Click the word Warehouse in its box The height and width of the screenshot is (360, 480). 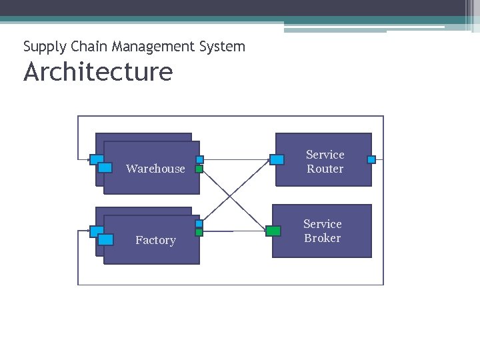coord(155,169)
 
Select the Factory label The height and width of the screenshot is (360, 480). coord(155,240)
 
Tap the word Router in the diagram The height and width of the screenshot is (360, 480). coord(325,169)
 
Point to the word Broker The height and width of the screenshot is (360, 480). coord(322,239)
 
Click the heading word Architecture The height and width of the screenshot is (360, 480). coord(98,72)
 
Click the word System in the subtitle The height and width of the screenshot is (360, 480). coord(225,47)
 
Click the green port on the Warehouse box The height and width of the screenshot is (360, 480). coord(199,169)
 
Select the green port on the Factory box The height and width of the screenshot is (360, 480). coord(199,233)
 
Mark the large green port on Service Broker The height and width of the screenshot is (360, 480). coord(273,231)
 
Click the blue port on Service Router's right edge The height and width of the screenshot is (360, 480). coord(371,159)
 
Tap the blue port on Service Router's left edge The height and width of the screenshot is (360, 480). coord(277,159)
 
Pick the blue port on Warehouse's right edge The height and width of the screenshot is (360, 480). coord(199,160)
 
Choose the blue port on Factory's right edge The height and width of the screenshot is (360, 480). coord(199,224)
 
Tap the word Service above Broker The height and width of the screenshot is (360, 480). coord(322,224)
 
